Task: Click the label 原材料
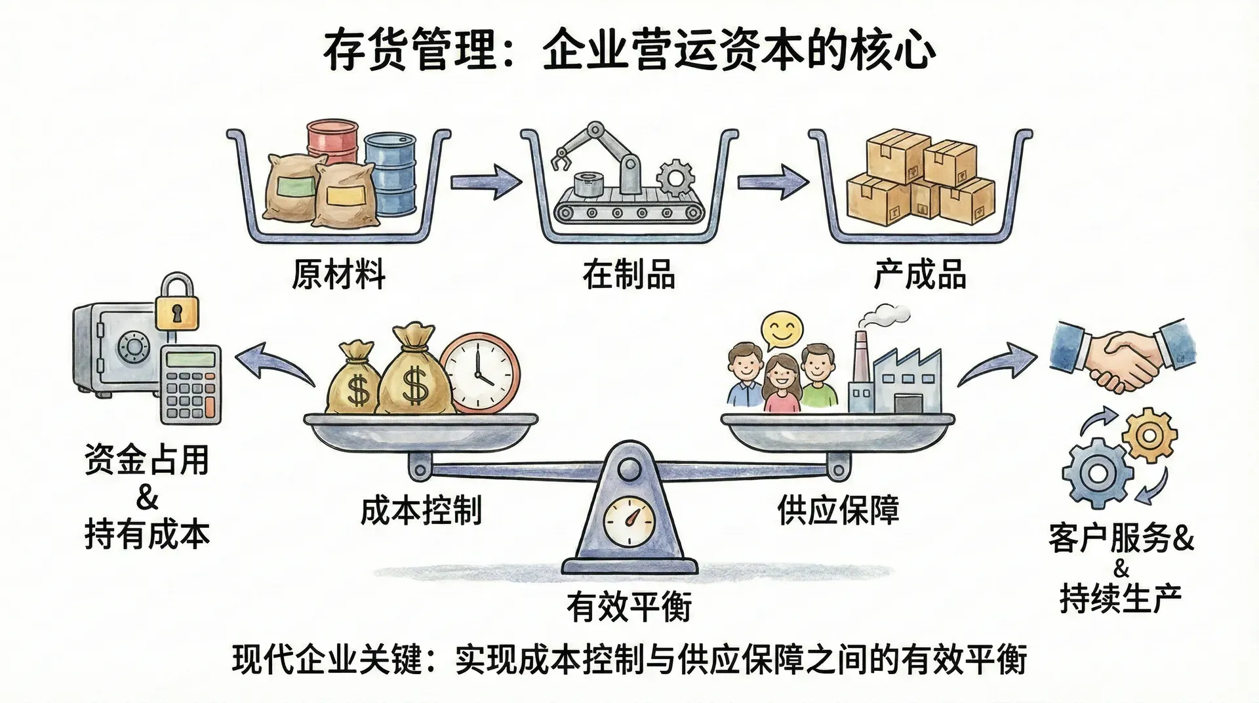(x=338, y=274)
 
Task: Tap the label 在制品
(x=628, y=274)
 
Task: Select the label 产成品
(x=920, y=274)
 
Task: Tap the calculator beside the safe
(x=191, y=384)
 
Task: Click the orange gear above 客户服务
(x=1149, y=434)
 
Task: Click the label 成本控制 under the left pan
(x=421, y=510)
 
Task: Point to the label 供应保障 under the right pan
(x=838, y=510)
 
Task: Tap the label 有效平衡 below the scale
(x=629, y=605)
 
